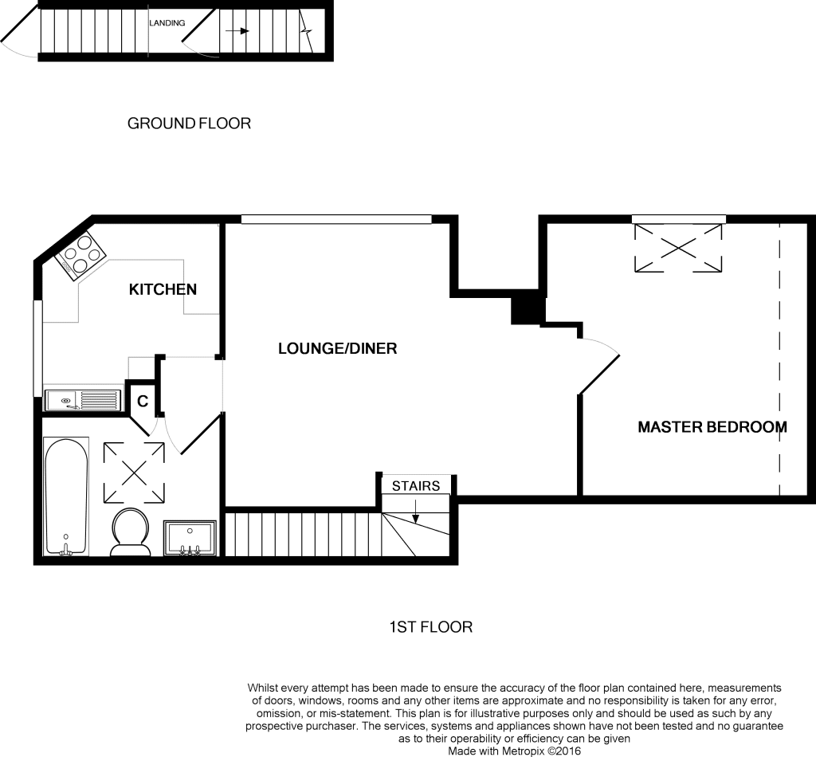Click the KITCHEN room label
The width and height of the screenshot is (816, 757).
(x=163, y=289)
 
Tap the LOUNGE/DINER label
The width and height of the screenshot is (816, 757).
(x=337, y=348)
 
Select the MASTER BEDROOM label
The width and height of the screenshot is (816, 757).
(x=712, y=427)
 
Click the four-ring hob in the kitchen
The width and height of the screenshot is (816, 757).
(x=80, y=255)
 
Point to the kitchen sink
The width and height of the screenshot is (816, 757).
(x=83, y=401)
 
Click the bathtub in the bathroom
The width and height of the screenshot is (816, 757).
(x=66, y=496)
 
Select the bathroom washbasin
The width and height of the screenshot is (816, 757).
(x=190, y=539)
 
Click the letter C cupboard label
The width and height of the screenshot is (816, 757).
(x=143, y=401)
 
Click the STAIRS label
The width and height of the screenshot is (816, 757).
(x=416, y=486)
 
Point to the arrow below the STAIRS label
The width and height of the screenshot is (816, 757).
(x=415, y=511)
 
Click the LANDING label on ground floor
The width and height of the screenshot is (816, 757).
(x=167, y=23)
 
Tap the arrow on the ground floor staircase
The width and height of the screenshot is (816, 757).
(x=237, y=31)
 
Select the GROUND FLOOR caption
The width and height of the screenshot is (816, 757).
(x=189, y=124)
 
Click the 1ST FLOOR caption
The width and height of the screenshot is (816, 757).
(x=431, y=627)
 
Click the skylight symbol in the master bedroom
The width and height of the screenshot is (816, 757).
(x=678, y=248)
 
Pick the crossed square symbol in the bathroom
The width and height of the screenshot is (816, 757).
(x=134, y=473)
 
